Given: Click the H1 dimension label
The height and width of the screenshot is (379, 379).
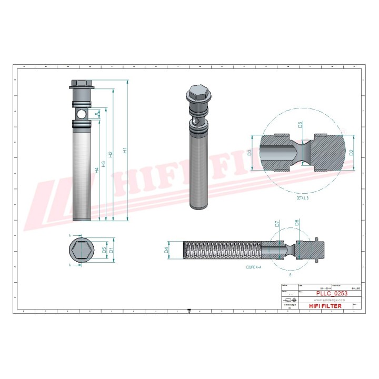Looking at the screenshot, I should click(x=125, y=151).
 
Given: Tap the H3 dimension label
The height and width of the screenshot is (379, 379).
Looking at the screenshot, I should click(x=104, y=164).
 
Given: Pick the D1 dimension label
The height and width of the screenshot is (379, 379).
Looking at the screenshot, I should click(x=111, y=250).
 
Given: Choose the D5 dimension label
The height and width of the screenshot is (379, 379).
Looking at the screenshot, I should click(x=104, y=250).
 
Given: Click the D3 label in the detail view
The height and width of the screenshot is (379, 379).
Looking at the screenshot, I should click(x=249, y=152).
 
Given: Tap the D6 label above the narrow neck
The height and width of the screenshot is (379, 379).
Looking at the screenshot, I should click(x=300, y=125).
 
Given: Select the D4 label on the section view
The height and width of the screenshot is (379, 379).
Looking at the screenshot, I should click(x=167, y=250).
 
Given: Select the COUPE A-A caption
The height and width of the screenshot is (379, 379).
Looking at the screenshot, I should click(x=253, y=267).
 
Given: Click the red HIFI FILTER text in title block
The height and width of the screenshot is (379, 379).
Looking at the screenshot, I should click(x=324, y=306).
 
